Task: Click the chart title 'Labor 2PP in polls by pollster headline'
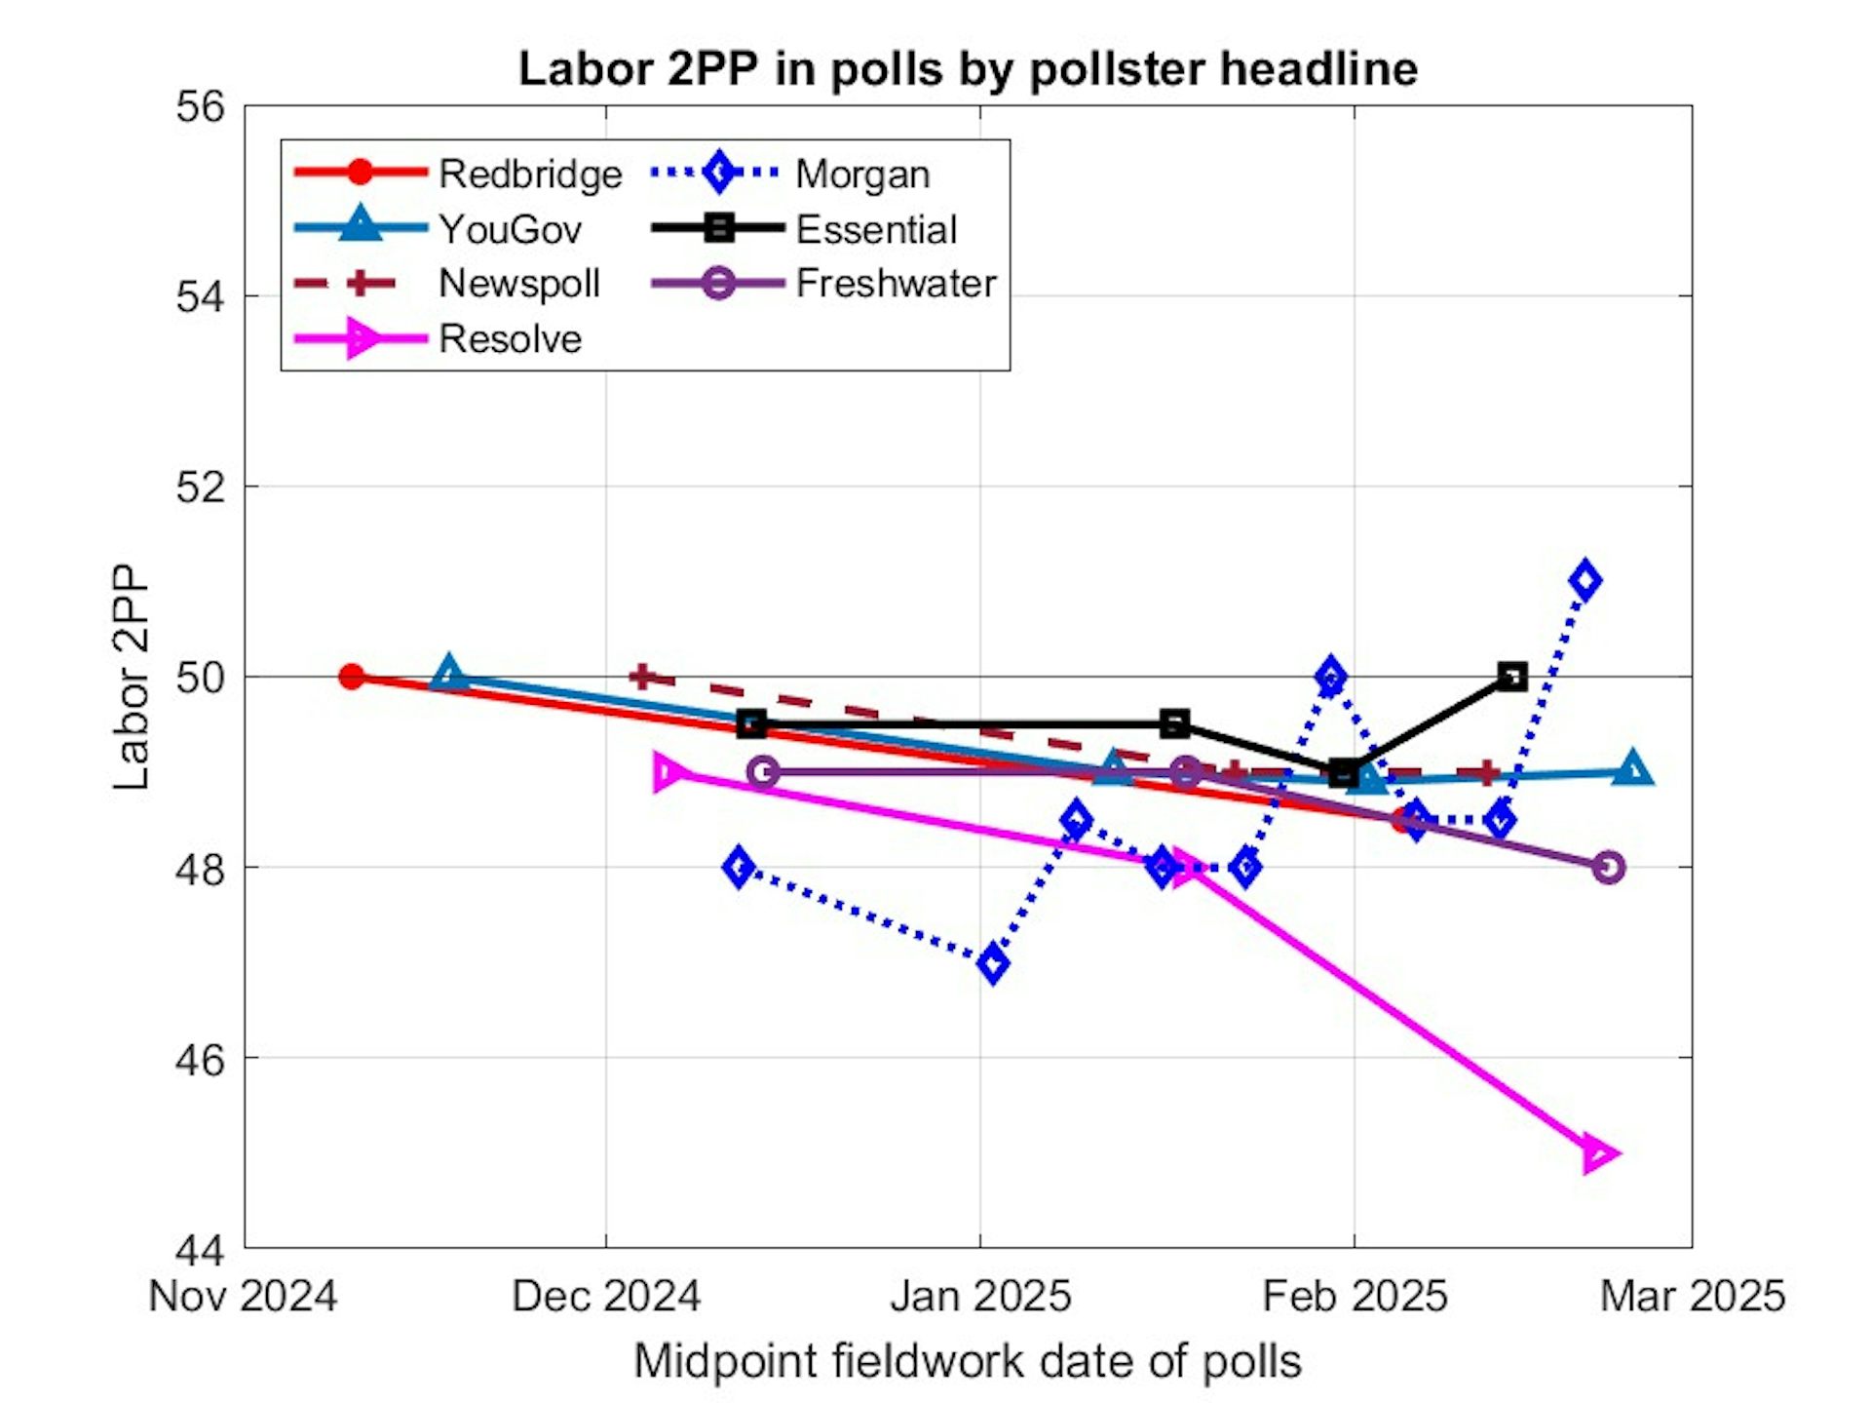pyautogui.click(x=968, y=69)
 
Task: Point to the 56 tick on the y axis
pyautogui.click(x=200, y=106)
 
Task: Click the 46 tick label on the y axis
pyautogui.click(x=200, y=1059)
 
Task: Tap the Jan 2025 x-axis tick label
pyautogui.click(x=980, y=1297)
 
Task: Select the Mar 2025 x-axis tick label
pyautogui.click(x=1693, y=1297)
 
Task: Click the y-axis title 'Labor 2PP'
pyautogui.click(x=131, y=677)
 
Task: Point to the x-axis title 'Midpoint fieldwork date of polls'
pyautogui.click(x=968, y=1361)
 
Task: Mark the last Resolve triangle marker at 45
pyautogui.click(x=1598, y=1154)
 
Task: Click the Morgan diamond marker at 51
pyautogui.click(x=1585, y=581)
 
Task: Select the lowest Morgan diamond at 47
pyautogui.click(x=993, y=964)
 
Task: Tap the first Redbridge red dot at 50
pyautogui.click(x=352, y=677)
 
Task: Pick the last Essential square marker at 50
pyautogui.click(x=1511, y=677)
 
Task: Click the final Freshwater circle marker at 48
pyautogui.click(x=1609, y=868)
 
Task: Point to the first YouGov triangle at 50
pyautogui.click(x=448, y=674)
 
